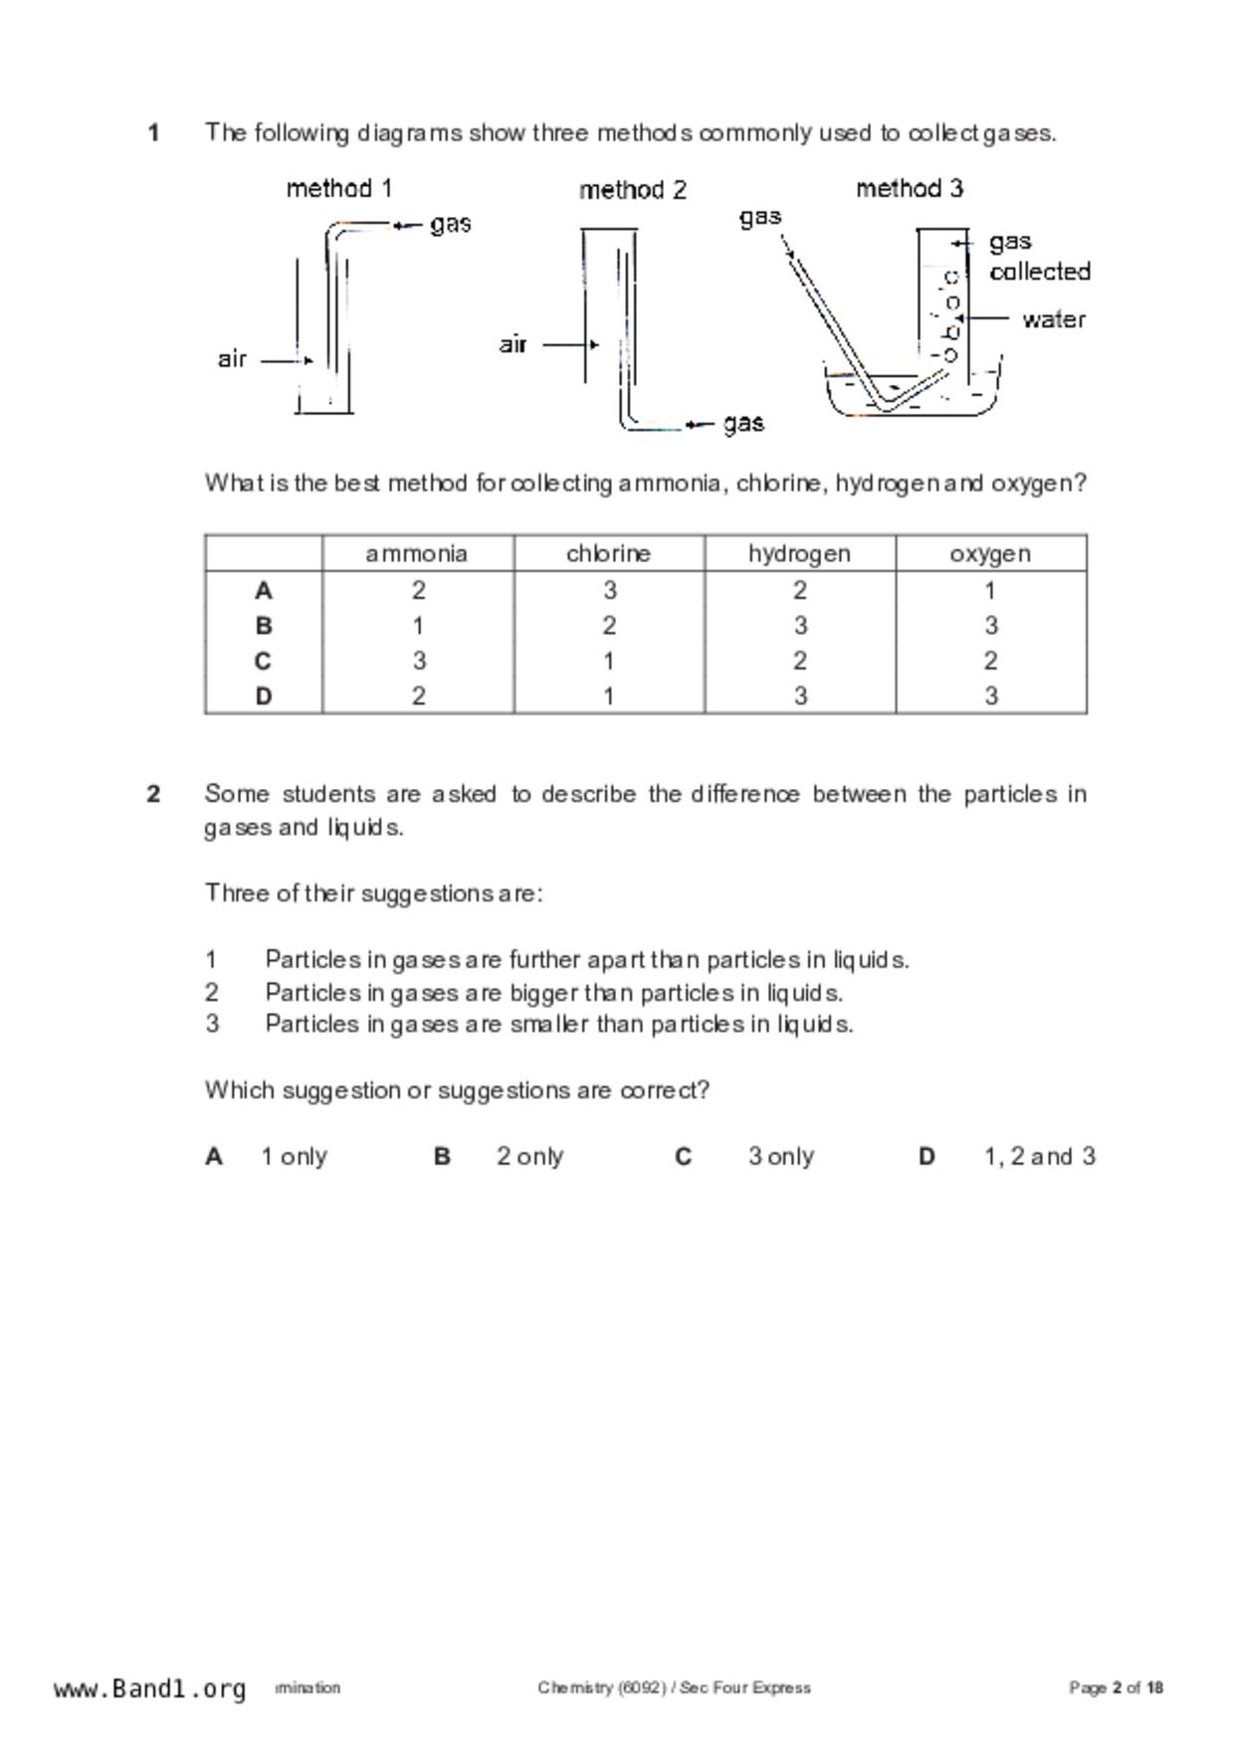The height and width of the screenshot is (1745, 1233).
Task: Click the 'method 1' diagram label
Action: pos(339,188)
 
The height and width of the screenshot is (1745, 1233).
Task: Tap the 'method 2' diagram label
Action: pos(633,190)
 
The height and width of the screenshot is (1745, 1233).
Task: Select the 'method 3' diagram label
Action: pos(910,188)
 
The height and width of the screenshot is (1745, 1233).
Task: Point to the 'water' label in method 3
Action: pos(1054,319)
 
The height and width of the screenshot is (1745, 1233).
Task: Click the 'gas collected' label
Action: pos(1039,257)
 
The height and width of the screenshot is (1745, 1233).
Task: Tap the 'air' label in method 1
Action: pos(232,359)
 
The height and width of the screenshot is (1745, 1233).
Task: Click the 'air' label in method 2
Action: pos(513,344)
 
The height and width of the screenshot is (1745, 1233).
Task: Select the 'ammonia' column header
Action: pos(417,554)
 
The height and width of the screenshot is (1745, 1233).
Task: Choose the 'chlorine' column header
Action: pos(608,554)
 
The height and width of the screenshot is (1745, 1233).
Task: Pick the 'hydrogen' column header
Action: pos(799,554)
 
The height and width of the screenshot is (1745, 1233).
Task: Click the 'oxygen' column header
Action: pos(990,554)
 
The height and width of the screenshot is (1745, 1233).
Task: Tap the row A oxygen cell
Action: pos(990,591)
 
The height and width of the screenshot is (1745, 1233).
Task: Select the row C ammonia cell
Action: pos(419,662)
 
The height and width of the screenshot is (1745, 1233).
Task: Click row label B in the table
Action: pos(264,626)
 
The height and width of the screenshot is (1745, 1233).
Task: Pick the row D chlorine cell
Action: pos(608,696)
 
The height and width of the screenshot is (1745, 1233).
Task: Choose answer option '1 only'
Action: pos(295,1157)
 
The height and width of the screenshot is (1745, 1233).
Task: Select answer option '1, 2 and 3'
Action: pos(1040,1157)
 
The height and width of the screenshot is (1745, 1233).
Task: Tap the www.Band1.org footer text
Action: pos(149,1689)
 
